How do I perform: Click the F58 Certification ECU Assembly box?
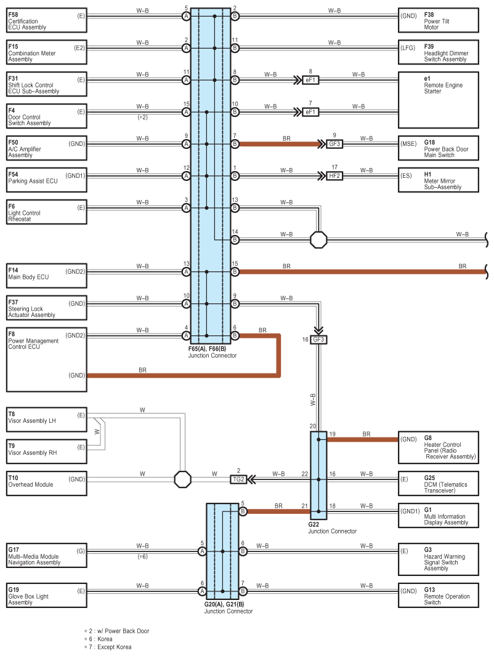tap(46, 20)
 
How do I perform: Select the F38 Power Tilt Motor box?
tap(439, 20)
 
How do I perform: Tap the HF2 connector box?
tap(334, 176)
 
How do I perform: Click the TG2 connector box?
tap(238, 479)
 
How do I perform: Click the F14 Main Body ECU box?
tap(46, 276)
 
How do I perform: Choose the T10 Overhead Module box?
tap(46, 483)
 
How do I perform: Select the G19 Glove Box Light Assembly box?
tap(46, 595)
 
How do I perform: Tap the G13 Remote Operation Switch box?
tap(439, 595)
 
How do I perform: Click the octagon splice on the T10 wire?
tap(182, 479)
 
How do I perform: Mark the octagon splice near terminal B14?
tap(318, 240)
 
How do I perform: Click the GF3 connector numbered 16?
tap(318, 339)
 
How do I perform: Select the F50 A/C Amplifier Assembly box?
tap(46, 148)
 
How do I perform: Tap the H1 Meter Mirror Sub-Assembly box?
tap(439, 180)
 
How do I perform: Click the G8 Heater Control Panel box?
tap(439, 447)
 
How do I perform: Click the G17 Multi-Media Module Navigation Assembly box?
tap(46, 555)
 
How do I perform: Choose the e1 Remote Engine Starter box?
tap(439, 100)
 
